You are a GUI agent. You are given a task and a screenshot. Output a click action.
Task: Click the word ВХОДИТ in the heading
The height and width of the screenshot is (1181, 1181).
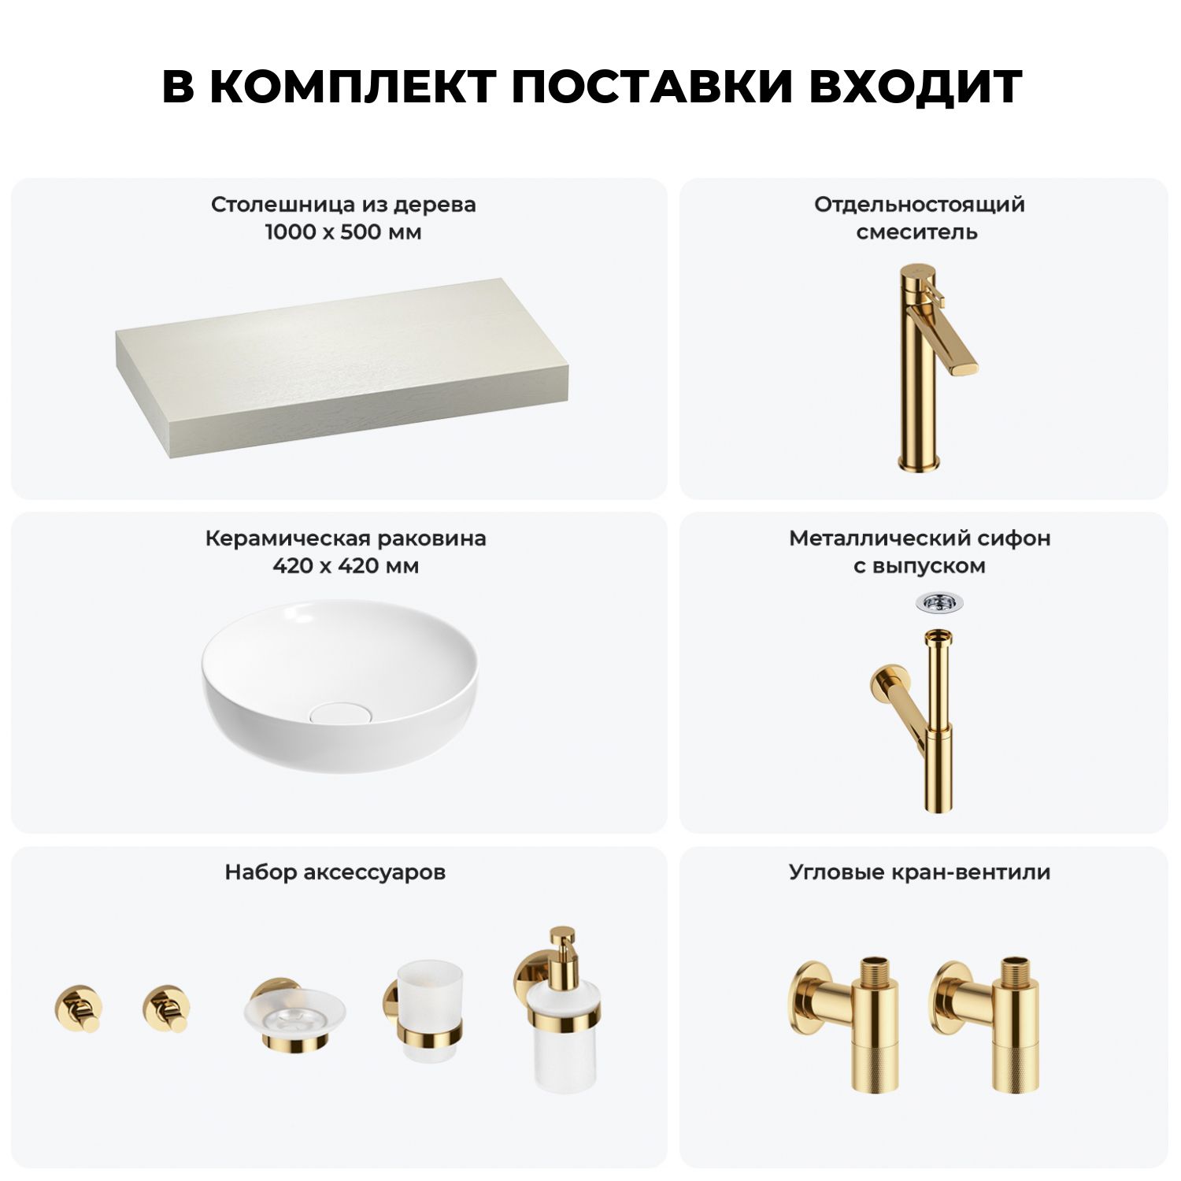(916, 87)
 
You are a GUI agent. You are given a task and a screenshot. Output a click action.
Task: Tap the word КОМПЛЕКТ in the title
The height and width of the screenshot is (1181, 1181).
(354, 87)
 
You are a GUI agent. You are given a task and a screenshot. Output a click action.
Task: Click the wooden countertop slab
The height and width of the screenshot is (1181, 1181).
(342, 367)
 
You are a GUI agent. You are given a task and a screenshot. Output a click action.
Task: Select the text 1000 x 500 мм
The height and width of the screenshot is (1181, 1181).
(343, 232)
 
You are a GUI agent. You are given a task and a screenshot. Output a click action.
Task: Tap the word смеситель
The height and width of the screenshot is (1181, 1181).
(917, 232)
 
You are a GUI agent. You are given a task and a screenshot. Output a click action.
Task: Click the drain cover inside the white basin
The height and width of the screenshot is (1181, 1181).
(339, 713)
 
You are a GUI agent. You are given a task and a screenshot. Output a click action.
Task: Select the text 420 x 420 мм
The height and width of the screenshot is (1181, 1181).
(346, 566)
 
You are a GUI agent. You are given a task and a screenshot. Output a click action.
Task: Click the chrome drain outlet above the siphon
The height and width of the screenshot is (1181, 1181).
(939, 604)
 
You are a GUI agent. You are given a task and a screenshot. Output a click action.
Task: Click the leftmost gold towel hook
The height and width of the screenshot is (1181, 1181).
(78, 1008)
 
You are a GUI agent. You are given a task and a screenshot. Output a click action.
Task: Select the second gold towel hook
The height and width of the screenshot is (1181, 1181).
(166, 1008)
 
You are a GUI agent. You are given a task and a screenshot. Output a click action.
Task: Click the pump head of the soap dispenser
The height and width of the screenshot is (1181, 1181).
(563, 945)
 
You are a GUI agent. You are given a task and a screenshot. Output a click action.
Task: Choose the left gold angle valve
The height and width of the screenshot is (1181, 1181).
(844, 1024)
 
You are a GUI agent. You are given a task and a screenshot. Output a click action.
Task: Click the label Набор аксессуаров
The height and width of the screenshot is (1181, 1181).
(335, 872)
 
